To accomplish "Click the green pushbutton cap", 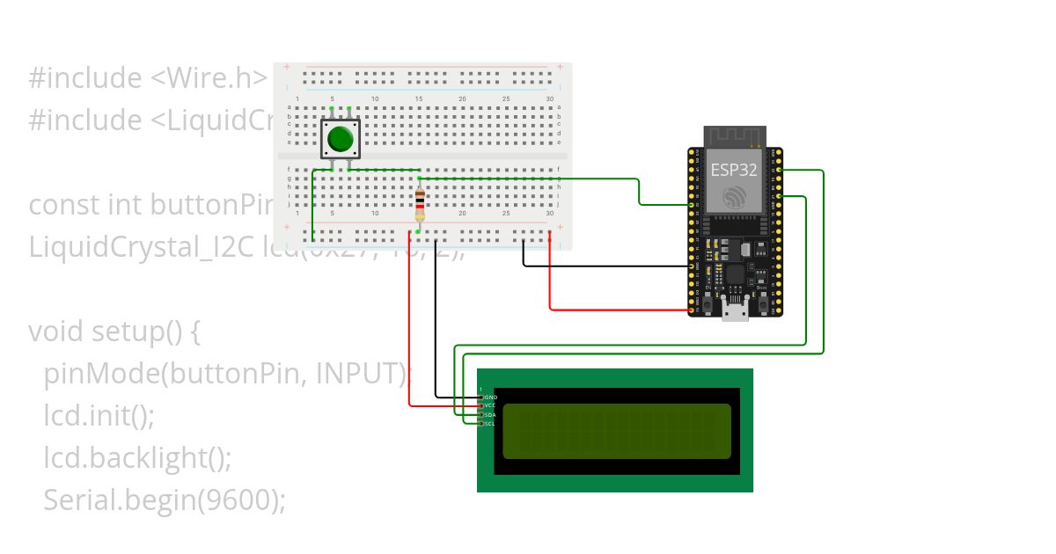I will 340,139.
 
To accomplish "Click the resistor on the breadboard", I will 420,205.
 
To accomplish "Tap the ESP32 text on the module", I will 734,171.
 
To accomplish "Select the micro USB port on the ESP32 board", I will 734,309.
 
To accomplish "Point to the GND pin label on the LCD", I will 491,397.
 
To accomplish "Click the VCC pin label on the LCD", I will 491,406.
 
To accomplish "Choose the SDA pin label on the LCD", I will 491,415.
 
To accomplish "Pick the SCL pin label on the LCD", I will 491,424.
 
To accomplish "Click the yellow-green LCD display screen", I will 616,431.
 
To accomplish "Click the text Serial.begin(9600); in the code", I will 165,499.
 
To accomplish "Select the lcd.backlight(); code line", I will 137,457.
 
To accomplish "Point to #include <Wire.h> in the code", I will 148,78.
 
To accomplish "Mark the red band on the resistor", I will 420,207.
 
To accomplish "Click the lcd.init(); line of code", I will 99,415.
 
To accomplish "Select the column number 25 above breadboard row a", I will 506,98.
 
